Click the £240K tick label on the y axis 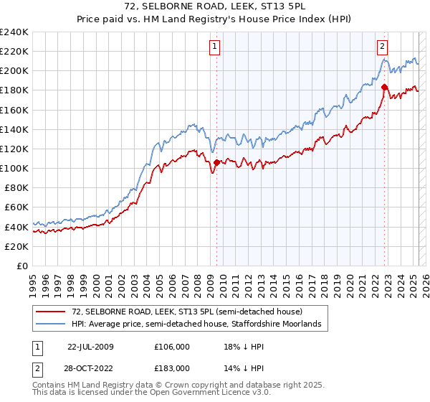click(x=14, y=32)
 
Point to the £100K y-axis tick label click(x=14, y=168)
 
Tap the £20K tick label click(x=17, y=246)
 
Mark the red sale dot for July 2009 click(x=216, y=162)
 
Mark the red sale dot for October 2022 click(x=385, y=88)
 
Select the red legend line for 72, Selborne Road click(x=50, y=312)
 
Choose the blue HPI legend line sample click(x=50, y=324)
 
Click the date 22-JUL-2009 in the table click(x=90, y=347)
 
